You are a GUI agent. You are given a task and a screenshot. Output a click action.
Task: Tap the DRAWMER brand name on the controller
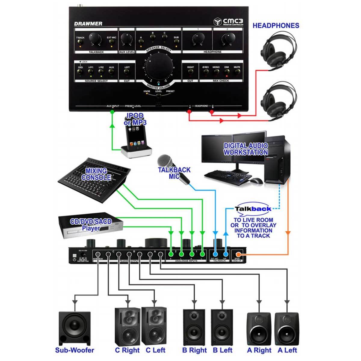(x=88, y=23)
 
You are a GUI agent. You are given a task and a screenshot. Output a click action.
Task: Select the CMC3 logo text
(x=233, y=21)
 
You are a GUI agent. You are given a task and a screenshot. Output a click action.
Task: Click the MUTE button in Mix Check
(x=237, y=72)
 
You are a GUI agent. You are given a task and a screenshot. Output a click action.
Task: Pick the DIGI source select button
(x=80, y=72)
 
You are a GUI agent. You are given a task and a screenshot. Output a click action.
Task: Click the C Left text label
(x=156, y=350)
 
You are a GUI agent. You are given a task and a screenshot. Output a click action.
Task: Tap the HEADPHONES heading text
(x=276, y=26)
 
